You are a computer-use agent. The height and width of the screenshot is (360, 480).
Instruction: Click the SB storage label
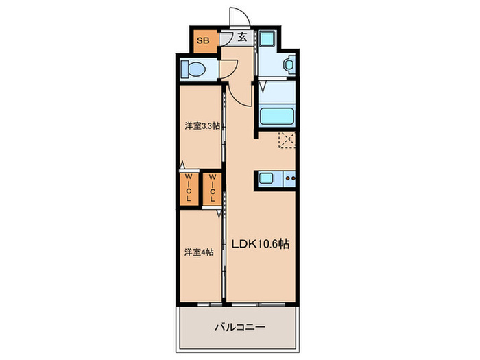click(203, 40)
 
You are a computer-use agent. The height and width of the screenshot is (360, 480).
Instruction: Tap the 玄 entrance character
click(242, 37)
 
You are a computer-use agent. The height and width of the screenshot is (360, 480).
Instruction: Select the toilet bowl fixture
click(193, 69)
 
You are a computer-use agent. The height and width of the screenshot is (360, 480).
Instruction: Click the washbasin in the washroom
click(289, 64)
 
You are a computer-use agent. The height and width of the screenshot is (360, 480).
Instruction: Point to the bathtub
click(277, 115)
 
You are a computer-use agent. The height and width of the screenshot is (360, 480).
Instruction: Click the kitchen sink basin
click(266, 178)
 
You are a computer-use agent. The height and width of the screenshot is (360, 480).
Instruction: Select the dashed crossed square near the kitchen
click(287, 140)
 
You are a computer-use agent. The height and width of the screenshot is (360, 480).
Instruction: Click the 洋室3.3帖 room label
click(202, 125)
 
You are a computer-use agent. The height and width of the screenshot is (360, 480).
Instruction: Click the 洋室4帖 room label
click(199, 252)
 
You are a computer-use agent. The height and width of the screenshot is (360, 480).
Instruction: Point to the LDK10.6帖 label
click(260, 243)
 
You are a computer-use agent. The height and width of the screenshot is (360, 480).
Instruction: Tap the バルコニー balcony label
click(240, 327)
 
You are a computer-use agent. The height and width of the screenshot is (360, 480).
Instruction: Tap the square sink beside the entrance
click(266, 39)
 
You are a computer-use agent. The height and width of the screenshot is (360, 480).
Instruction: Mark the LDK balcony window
click(259, 304)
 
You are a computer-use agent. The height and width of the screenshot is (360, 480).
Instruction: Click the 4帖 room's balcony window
click(210, 304)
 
